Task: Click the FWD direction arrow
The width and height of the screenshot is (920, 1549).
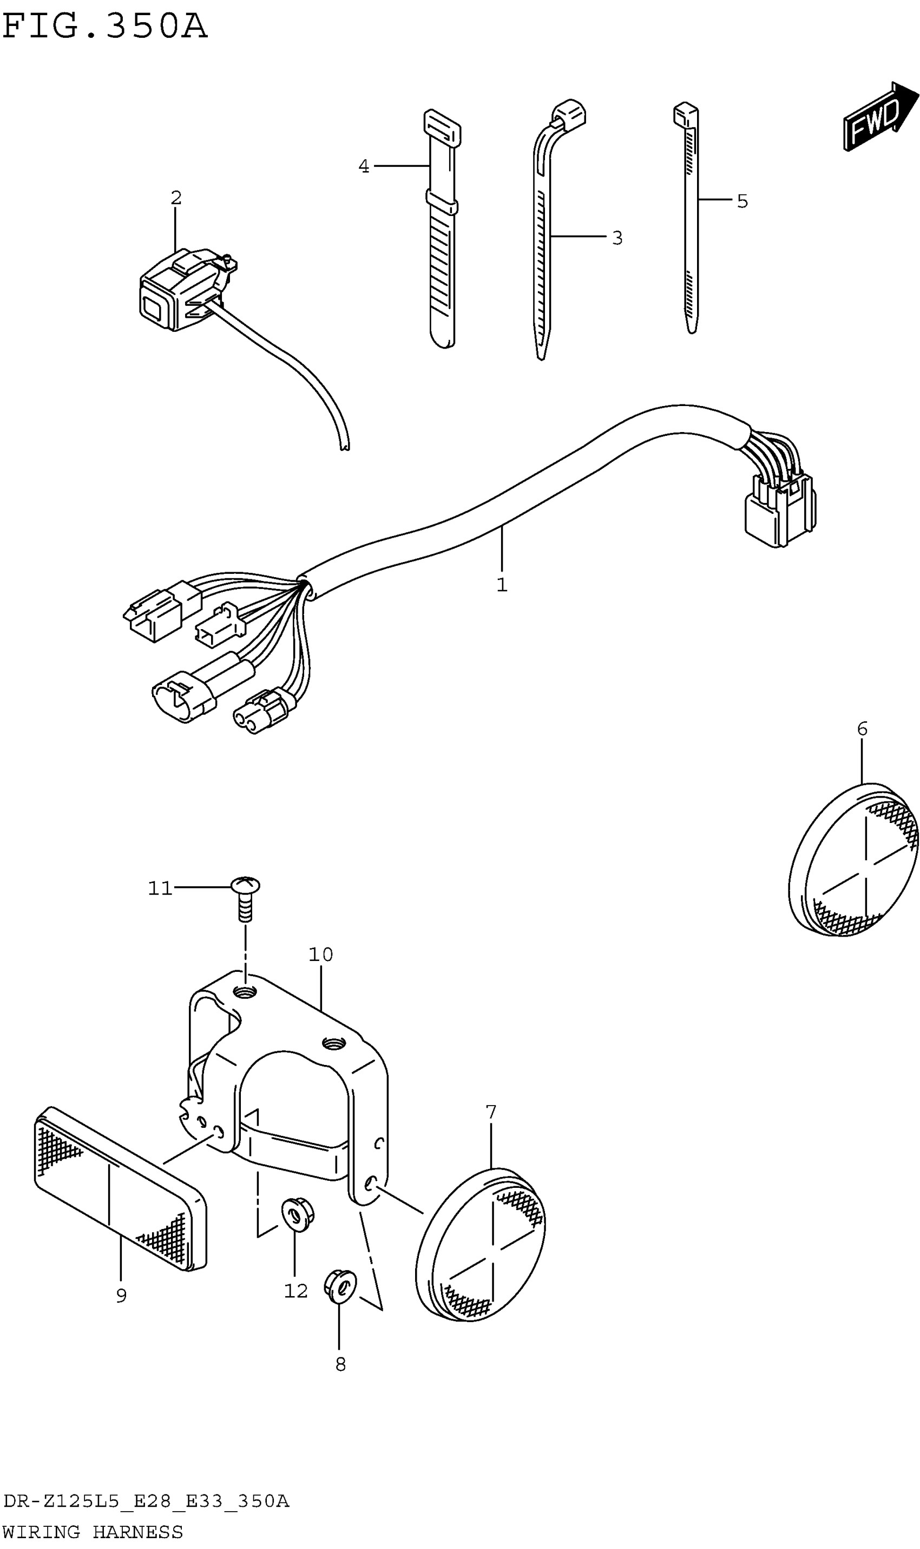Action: [879, 116]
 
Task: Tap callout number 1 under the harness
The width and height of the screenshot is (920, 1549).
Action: [502, 584]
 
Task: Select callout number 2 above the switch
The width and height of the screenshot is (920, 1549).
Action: [176, 198]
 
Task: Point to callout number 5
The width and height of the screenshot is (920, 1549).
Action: [742, 201]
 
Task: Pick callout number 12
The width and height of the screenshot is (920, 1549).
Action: [295, 1291]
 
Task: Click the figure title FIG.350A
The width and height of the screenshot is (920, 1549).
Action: [104, 27]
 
